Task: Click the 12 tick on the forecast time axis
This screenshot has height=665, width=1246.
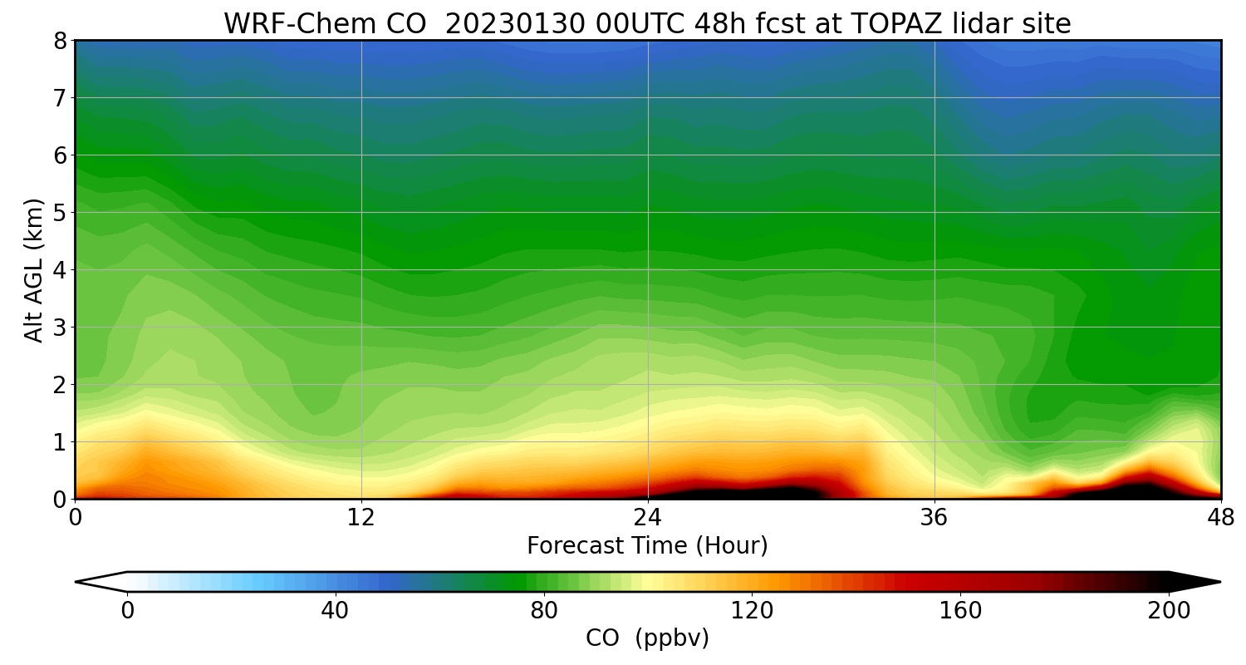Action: (361, 517)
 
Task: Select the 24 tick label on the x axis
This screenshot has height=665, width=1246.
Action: (648, 517)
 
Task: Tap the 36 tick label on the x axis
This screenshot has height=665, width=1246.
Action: (934, 517)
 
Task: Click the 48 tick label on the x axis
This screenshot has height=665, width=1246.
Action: (1220, 517)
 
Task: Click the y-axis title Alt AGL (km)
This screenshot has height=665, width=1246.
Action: (34, 269)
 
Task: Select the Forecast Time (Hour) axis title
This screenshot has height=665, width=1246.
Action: (647, 546)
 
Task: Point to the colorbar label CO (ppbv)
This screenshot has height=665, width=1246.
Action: (647, 638)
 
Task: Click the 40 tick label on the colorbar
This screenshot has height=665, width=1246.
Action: (335, 611)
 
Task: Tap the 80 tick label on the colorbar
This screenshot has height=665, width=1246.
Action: (543, 611)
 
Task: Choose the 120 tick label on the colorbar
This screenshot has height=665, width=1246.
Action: (752, 611)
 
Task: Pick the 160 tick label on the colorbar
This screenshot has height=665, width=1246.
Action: (960, 611)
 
